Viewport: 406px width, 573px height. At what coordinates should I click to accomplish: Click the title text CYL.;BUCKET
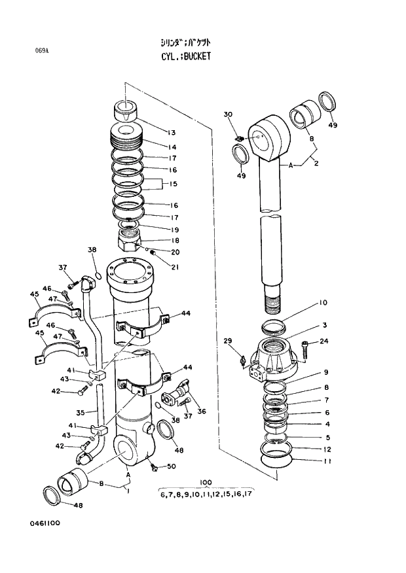(x=186, y=57)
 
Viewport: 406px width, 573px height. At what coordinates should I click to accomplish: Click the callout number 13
(x=172, y=132)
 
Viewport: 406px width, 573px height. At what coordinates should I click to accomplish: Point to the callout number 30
(x=228, y=115)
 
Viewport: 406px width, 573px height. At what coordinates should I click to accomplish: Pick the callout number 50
(x=172, y=466)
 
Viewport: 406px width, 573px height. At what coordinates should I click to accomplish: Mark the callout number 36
(x=201, y=411)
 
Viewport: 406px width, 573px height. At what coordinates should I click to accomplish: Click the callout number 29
(x=228, y=341)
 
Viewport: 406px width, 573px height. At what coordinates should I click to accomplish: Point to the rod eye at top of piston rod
(x=270, y=137)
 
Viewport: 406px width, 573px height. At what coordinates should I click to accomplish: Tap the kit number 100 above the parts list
(x=206, y=483)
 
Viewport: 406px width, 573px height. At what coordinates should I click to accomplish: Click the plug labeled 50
(x=154, y=467)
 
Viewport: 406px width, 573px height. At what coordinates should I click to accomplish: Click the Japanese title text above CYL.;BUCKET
(x=186, y=43)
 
